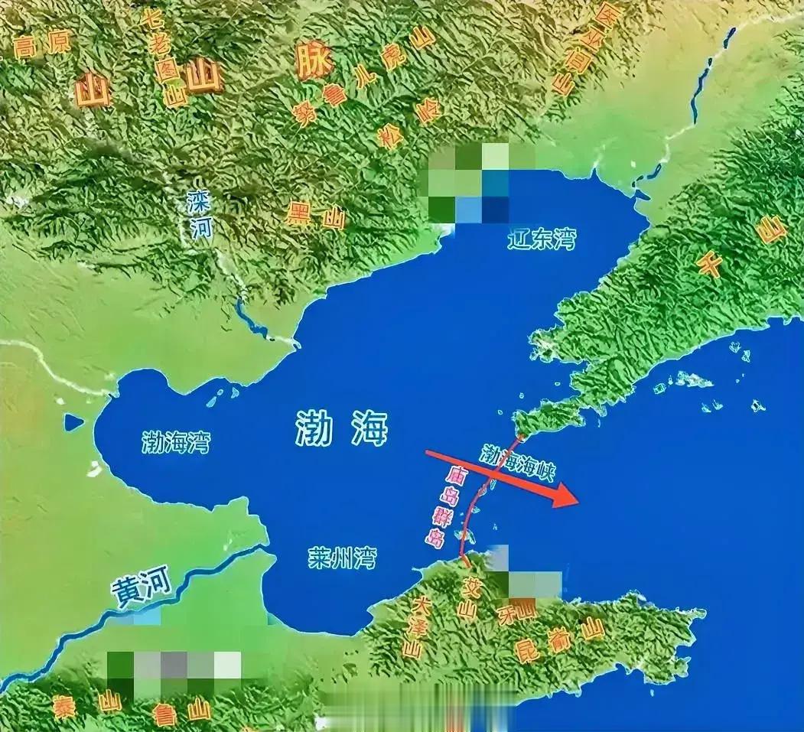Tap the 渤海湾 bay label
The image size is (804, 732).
(176, 441)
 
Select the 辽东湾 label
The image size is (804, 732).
(542, 239)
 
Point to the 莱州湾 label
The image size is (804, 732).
(342, 558)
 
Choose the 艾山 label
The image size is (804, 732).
(468, 597)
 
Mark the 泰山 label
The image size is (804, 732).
(86, 704)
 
